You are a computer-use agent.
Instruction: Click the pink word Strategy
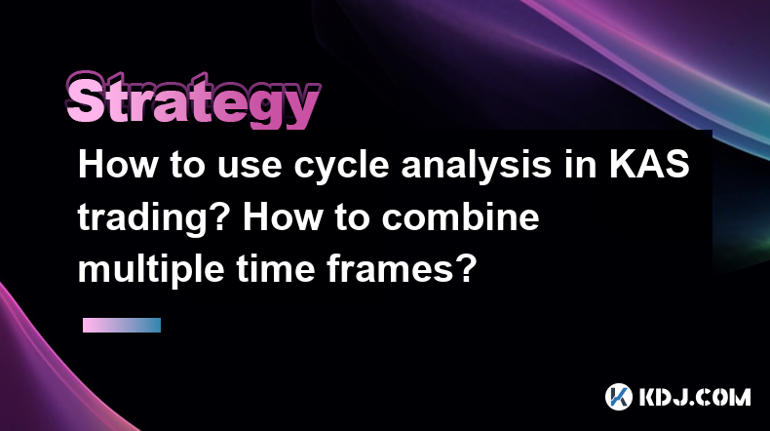click(x=193, y=100)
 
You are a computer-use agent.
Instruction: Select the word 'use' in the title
click(x=250, y=165)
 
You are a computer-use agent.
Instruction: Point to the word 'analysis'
click(x=476, y=167)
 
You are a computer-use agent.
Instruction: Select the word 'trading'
click(x=143, y=219)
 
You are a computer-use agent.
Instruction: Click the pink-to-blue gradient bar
click(x=122, y=326)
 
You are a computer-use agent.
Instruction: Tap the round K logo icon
click(x=618, y=397)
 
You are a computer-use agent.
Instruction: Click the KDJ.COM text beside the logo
click(x=695, y=397)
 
